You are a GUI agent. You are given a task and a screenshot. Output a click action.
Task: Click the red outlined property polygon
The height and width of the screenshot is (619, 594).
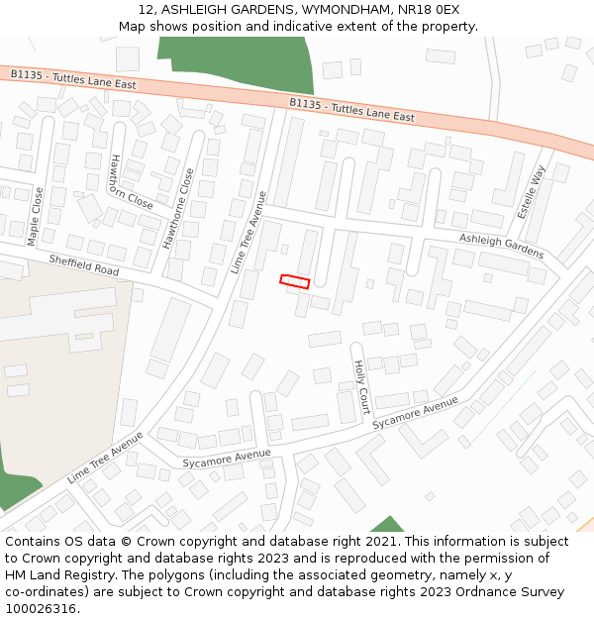[x=294, y=281]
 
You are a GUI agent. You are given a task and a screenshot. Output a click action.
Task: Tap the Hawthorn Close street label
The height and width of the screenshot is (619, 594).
[x=131, y=182]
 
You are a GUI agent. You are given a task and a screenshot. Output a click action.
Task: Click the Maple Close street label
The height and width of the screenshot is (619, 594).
[x=36, y=216]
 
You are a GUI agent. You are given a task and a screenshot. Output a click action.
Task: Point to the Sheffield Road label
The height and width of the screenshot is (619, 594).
[x=83, y=264]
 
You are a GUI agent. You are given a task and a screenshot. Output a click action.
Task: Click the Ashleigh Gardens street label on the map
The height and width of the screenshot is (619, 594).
[x=501, y=246]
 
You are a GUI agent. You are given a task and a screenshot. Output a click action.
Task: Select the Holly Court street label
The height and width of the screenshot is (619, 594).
[x=361, y=386]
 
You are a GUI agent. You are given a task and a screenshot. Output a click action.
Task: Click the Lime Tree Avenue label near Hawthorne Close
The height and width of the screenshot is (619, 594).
[x=249, y=233]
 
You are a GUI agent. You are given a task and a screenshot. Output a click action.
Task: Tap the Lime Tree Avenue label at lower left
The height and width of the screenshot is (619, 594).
[x=105, y=458]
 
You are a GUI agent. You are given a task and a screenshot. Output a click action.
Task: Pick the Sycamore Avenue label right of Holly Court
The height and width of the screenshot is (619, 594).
[x=416, y=412]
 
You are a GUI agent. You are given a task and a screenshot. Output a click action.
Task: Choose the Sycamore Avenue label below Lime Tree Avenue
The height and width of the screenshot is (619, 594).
[x=227, y=459]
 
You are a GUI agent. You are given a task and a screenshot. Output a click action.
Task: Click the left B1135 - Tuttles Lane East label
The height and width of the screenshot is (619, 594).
[x=73, y=79]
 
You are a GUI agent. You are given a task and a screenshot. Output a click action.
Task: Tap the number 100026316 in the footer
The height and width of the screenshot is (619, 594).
[x=41, y=608]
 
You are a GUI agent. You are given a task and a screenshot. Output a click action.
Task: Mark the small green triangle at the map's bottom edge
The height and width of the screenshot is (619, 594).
[x=387, y=525]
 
